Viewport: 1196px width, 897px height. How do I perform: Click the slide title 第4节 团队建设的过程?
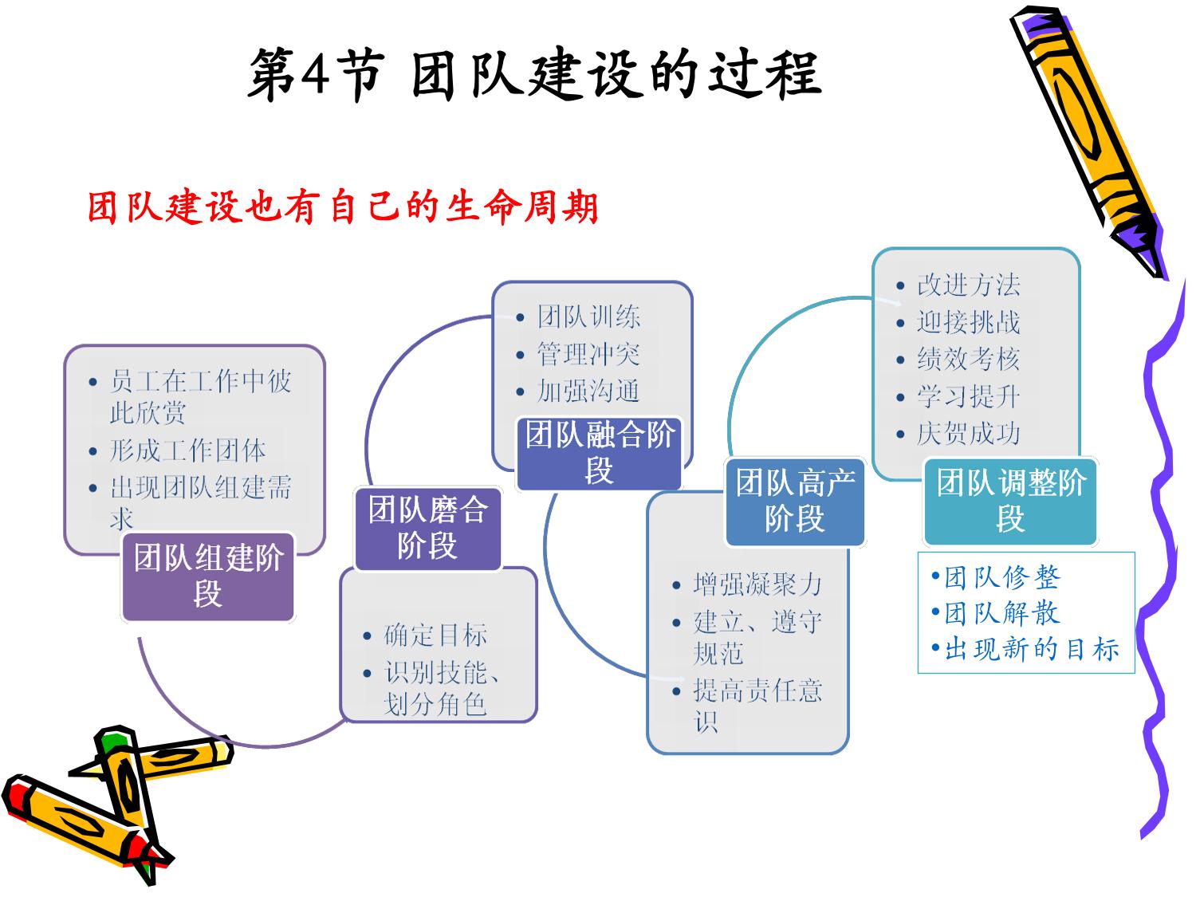(533, 74)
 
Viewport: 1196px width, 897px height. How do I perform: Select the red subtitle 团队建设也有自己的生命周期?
(343, 207)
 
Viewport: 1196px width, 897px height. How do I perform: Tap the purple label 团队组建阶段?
(208, 576)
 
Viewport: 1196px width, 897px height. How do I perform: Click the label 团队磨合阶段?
(428, 528)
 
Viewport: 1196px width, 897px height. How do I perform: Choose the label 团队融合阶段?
(600, 452)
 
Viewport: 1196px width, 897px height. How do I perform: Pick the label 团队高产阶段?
(795, 501)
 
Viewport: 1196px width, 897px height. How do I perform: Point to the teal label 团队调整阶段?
(1010, 501)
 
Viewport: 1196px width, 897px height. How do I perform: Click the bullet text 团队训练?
(588, 317)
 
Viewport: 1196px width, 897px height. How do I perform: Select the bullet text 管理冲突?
(588, 354)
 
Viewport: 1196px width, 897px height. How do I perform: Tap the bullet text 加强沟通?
(588, 391)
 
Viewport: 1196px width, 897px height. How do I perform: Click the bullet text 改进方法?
(968, 285)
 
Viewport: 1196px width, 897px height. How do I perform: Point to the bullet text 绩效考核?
(968, 359)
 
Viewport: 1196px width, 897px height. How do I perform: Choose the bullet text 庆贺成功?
(968, 433)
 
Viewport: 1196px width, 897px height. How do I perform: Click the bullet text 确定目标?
(435, 635)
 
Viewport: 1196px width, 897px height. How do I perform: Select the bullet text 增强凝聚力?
(757, 584)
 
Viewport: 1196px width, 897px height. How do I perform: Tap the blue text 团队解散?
(1002, 613)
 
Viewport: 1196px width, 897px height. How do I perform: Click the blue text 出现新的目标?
(1032, 649)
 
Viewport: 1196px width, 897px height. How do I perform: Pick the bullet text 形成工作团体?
(188, 450)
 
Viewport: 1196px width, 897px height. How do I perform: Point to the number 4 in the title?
(316, 74)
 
